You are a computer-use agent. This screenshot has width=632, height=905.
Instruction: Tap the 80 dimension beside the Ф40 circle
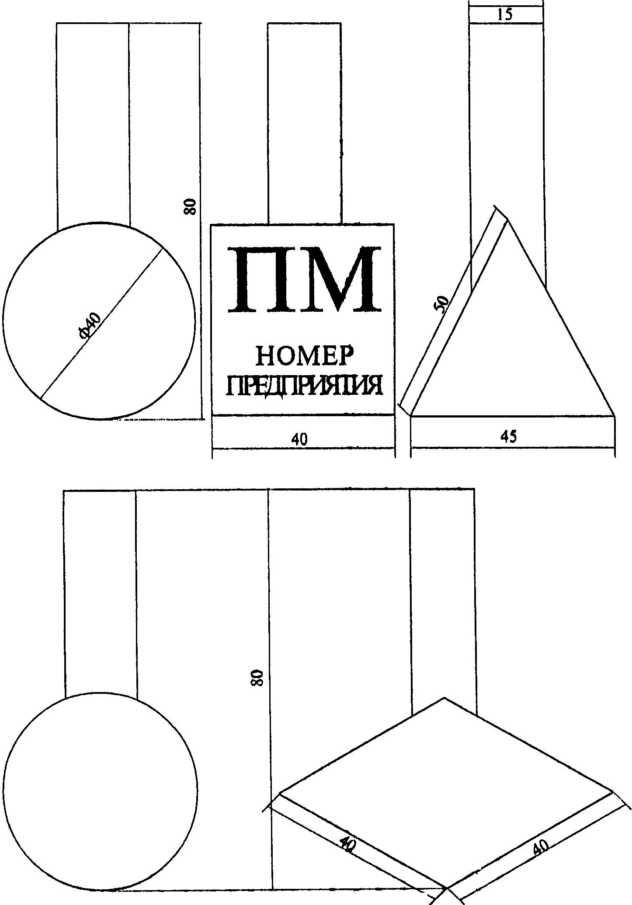[190, 206]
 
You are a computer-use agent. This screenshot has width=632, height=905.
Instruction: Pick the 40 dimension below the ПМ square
[299, 439]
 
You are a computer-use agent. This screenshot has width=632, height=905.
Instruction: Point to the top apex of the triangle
[507, 221]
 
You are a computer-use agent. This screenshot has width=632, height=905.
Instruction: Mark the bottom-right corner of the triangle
[615, 415]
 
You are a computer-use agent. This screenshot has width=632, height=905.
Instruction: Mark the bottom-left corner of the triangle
[411, 415]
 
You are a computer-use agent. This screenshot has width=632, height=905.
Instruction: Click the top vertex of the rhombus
[444, 698]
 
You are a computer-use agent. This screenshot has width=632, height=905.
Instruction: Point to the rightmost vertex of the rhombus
[613, 792]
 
